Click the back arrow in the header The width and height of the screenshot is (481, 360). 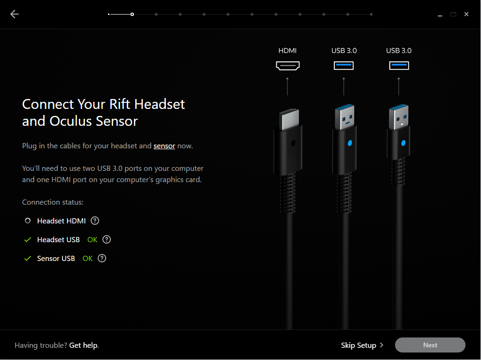tap(15, 14)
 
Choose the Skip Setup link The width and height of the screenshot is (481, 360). tap(362, 345)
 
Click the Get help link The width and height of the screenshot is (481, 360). tap(84, 345)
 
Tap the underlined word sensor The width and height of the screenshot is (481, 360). tap(164, 146)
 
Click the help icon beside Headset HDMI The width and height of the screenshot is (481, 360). tap(95, 221)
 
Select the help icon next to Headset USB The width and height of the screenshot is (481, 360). tap(107, 239)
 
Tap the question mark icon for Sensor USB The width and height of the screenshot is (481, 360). tap(102, 258)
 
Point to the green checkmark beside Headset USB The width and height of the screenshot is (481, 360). tap(28, 239)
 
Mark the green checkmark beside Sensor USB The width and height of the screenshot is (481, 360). tap(28, 258)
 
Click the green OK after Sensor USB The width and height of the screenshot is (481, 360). tap(87, 259)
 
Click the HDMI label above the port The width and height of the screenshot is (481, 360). tap(287, 51)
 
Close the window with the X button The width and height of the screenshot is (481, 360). tap(466, 14)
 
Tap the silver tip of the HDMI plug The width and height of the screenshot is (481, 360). tap(289, 119)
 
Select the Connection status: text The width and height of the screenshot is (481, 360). tap(53, 202)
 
